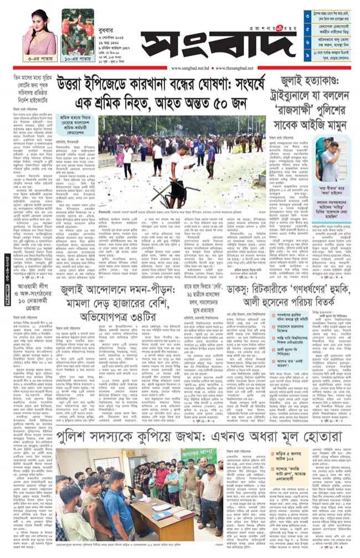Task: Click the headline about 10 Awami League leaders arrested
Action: point(37,300)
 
